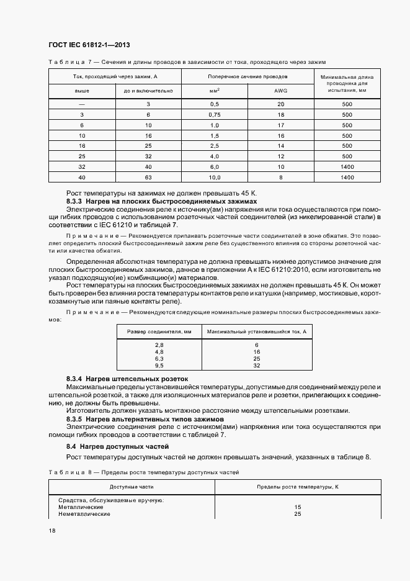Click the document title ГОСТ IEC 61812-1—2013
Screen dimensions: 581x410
[88, 45]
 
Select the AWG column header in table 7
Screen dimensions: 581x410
[281, 91]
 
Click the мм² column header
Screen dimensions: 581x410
[215, 91]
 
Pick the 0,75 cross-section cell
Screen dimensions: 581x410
[215, 115]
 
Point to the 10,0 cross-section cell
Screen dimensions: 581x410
[215, 178]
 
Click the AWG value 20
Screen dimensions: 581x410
[281, 104]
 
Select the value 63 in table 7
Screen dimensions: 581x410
[148, 178]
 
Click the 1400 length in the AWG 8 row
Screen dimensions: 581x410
[347, 178]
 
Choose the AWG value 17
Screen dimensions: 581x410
[281, 125]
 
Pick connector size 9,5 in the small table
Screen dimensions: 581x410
[159, 366]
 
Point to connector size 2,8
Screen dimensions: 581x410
[159, 345]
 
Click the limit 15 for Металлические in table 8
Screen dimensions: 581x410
[297, 507]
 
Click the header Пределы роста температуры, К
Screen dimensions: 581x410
[297, 487]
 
